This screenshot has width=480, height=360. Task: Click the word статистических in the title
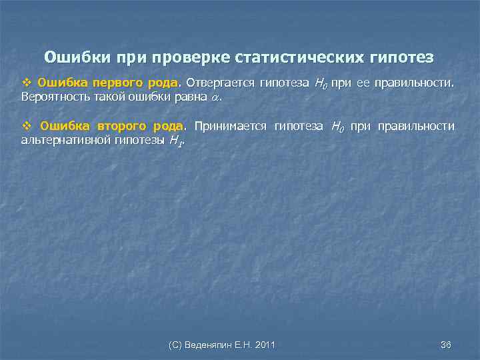pos(289,57)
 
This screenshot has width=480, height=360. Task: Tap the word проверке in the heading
pos(191,57)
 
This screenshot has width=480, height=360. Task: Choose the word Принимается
pos(230,126)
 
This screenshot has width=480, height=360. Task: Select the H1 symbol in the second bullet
pos(175,140)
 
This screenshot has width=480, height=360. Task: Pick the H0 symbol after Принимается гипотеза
pos(337,126)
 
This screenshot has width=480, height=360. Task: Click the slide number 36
pos(446,344)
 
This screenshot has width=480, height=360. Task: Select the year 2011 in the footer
pos(265,344)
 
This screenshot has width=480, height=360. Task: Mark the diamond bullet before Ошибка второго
pos(28,126)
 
